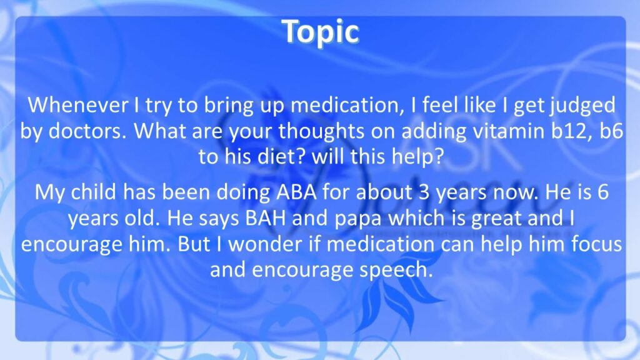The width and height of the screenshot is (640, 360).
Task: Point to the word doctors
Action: (x=87, y=131)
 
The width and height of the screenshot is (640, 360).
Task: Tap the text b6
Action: (x=611, y=131)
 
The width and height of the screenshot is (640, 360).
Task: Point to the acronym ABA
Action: (x=297, y=192)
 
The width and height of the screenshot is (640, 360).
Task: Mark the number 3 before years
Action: (x=424, y=192)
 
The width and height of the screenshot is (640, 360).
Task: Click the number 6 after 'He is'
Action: (x=603, y=192)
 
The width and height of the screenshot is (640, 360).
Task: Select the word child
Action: (x=94, y=192)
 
